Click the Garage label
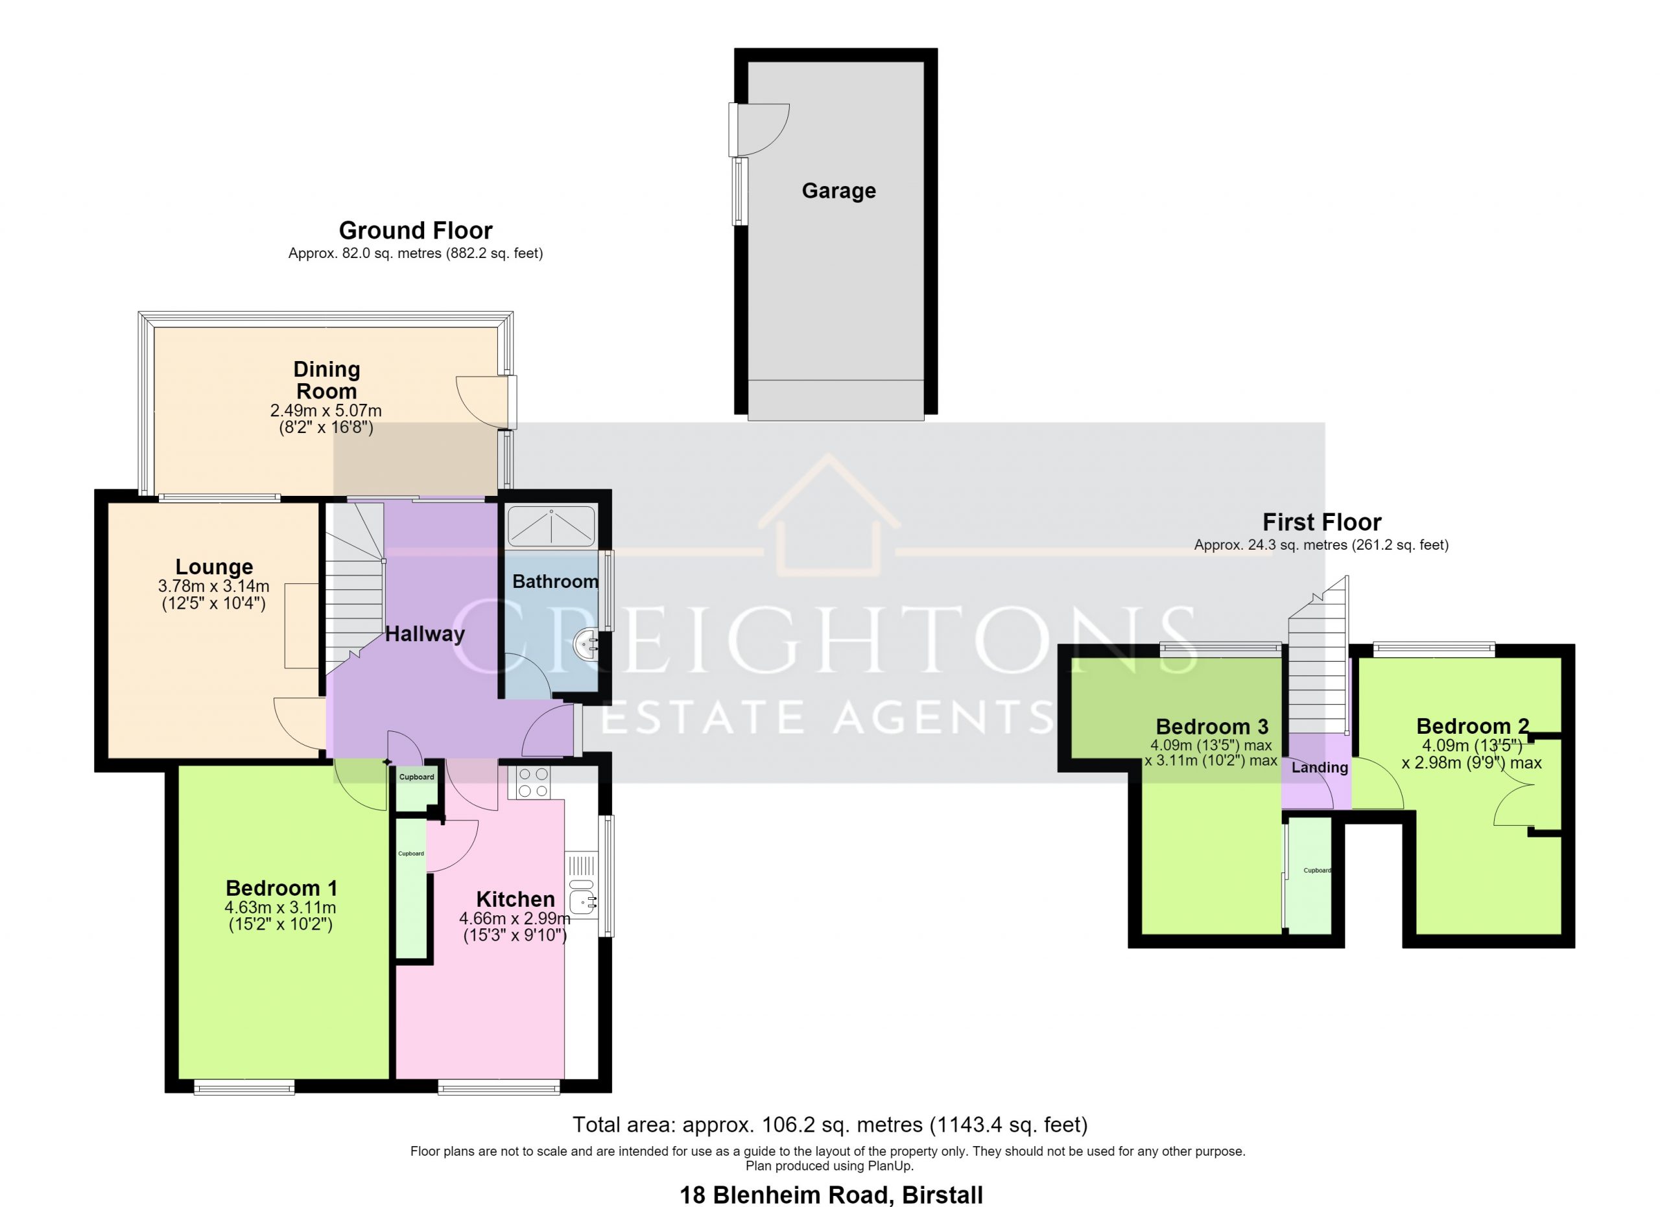[839, 191]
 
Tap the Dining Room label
[326, 381]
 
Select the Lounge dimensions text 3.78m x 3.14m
[214, 586]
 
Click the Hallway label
[425, 633]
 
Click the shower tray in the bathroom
[551, 526]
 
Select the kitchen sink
[584, 899]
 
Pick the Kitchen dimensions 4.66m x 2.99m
[515, 918]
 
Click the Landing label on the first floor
[1320, 768]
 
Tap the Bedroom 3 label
[1212, 727]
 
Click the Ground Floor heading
[416, 230]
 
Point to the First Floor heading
[1322, 522]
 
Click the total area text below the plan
[830, 1124]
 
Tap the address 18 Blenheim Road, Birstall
[831, 1195]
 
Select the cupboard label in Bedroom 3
[1317, 871]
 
